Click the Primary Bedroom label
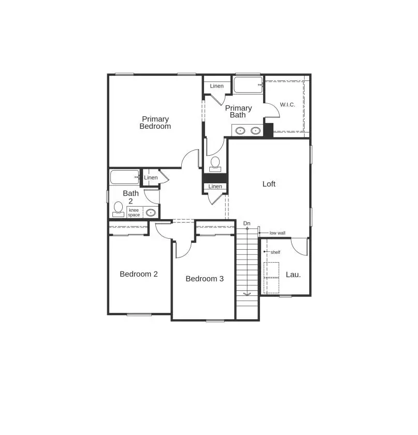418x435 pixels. tap(155, 123)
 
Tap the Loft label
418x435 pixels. tap(269, 184)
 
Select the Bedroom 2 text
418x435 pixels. tap(138, 274)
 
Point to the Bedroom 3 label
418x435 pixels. tap(205, 279)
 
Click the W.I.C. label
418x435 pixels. tap(287, 105)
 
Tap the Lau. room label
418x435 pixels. tap(293, 275)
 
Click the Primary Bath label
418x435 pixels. tap(238, 111)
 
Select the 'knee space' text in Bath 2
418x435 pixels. tap(134, 212)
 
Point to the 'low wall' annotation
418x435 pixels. tap(277, 233)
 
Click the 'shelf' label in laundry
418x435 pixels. tap(275, 252)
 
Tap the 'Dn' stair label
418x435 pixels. tap(247, 223)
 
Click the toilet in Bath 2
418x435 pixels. tap(118, 209)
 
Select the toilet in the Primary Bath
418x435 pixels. tap(215, 163)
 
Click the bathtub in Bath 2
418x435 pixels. tap(124, 177)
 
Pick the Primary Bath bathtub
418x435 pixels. tap(247, 85)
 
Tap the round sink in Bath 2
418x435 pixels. tap(151, 212)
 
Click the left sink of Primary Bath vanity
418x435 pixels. tap(240, 130)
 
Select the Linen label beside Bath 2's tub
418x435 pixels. tap(151, 178)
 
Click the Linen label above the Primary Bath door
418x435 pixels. tap(217, 86)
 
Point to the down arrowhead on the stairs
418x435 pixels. tap(247, 293)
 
